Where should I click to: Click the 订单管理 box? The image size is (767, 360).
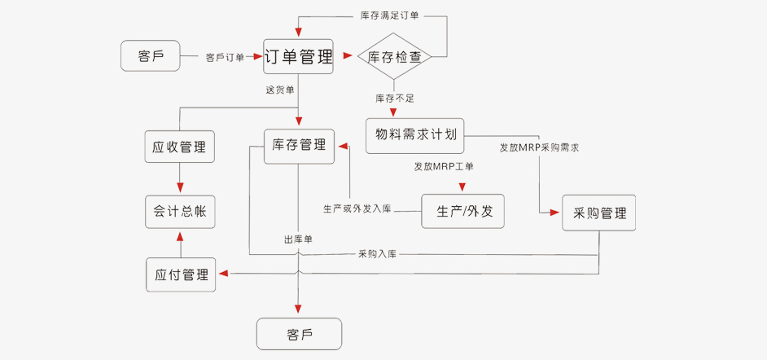point(298,57)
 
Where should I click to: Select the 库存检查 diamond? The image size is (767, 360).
point(393,57)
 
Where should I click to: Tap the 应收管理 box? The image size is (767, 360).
point(179,147)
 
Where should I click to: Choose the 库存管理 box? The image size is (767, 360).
point(298,146)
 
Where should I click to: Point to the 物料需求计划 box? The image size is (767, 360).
point(415,135)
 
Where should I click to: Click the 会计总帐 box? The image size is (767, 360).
point(179,211)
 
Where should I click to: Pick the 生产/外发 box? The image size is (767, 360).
point(462,212)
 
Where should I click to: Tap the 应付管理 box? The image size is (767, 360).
point(181,274)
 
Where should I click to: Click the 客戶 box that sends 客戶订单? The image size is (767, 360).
point(150,56)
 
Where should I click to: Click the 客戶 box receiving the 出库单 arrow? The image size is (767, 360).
point(299,334)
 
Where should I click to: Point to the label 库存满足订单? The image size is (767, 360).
point(389,15)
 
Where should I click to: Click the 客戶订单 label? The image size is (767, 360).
point(225,57)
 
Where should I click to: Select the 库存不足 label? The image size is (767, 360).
point(395,99)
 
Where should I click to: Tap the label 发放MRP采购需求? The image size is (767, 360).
point(539,148)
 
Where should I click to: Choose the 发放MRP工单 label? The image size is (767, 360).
point(444,167)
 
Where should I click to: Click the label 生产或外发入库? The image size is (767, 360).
point(357,209)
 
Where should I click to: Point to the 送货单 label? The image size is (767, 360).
point(280,89)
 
